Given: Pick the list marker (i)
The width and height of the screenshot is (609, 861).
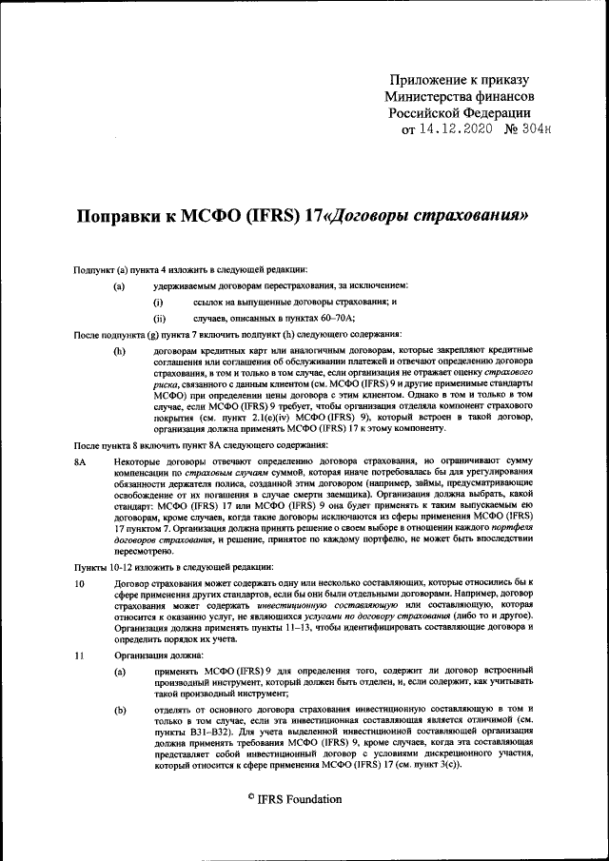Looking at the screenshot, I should tap(158, 302).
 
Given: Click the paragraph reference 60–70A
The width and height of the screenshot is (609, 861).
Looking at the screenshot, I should tap(337, 318).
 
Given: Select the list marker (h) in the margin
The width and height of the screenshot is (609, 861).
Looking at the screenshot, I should tap(119, 350).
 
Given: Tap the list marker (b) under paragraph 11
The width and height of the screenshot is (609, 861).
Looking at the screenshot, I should tap(119, 710).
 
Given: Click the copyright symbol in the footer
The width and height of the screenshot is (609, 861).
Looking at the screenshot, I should tap(250, 796).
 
